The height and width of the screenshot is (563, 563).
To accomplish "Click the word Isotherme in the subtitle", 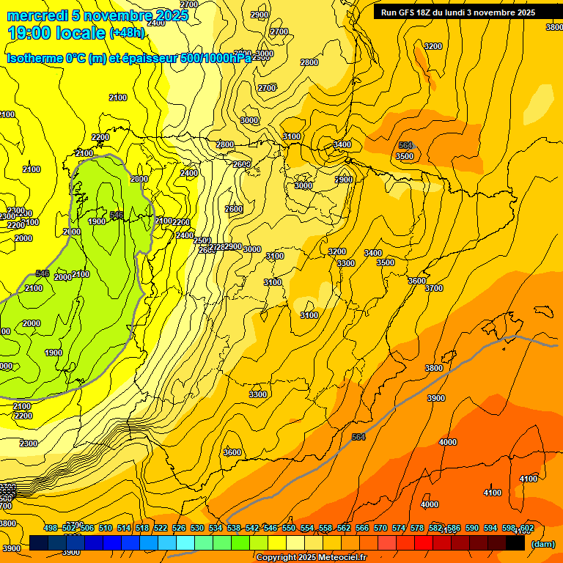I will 34,58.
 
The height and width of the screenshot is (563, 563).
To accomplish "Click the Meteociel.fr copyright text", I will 311,558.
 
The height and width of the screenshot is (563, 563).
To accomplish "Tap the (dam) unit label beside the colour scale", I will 542,543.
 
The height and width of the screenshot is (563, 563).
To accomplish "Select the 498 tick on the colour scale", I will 51,528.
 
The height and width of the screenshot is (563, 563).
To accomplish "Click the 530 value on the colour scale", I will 197,528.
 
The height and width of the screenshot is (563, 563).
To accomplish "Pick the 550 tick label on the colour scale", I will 289,528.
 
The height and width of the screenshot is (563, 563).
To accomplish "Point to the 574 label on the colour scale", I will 399,528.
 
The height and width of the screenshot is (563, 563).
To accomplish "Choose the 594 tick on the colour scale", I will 490,528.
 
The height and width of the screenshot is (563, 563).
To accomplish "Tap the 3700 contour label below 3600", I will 434,288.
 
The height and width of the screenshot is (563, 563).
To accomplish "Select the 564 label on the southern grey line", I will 358,437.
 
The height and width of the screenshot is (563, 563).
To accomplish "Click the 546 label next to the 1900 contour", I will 117,215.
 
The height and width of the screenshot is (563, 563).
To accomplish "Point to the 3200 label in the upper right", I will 433,46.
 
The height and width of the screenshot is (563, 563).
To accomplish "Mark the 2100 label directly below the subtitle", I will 117,97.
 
